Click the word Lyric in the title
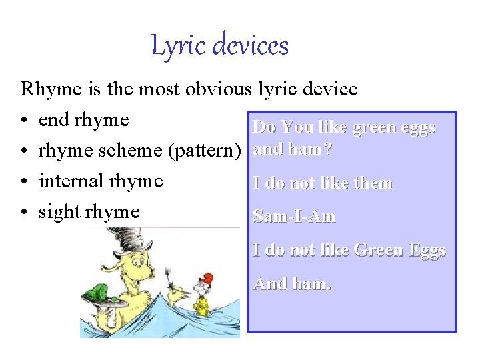click(x=175, y=46)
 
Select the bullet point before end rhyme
click(x=24, y=121)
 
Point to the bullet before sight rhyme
click(x=24, y=213)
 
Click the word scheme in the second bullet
click(x=134, y=151)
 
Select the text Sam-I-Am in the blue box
click(x=294, y=217)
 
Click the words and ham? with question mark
click(x=292, y=150)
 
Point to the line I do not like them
click(x=322, y=183)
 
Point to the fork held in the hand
click(x=165, y=274)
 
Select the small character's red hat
click(x=208, y=277)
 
